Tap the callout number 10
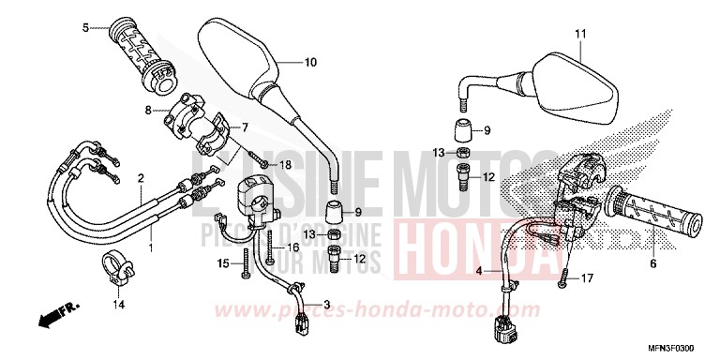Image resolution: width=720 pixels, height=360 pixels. click(310, 63)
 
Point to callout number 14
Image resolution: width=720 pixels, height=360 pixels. click(119, 305)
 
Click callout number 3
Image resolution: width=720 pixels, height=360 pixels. click(327, 305)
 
